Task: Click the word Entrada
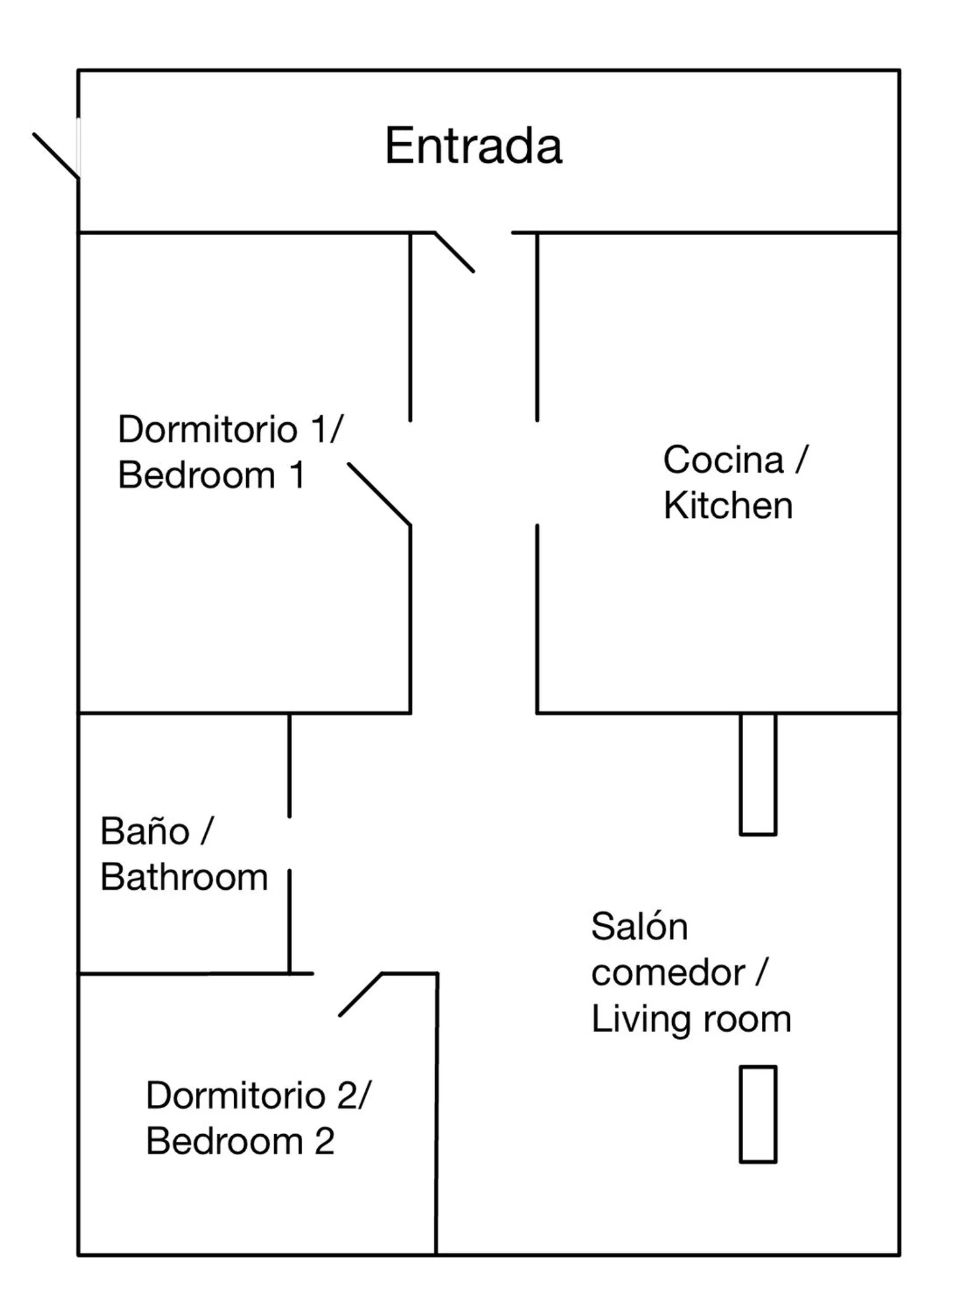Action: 474,146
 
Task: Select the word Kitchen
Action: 728,506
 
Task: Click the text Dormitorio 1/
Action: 230,429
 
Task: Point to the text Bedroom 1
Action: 211,475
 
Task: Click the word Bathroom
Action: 184,877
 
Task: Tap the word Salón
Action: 640,926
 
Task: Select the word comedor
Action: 668,973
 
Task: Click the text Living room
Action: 691,1020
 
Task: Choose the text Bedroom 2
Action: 240,1141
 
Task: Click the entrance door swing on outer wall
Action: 56,155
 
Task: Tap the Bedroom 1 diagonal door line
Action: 379,494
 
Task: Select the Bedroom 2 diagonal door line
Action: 360,995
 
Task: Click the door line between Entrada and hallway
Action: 455,251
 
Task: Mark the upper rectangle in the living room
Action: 758,774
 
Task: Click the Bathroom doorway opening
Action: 289,843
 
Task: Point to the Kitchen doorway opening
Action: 537,473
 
